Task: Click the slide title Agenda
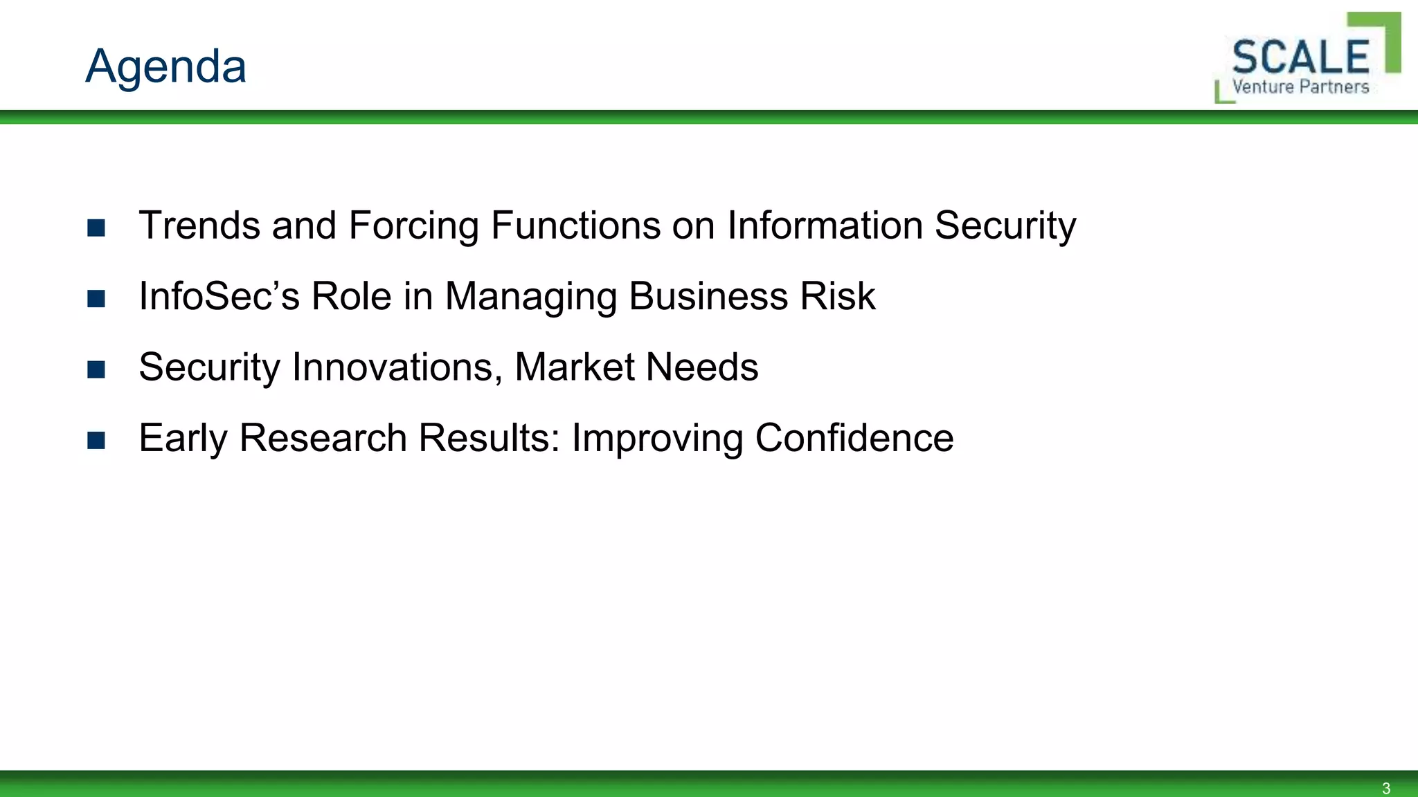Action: coord(165,66)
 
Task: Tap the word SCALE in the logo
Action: coord(1300,57)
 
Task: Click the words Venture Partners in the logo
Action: coord(1300,87)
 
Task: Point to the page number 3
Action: coord(1385,788)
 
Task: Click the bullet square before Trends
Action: coord(96,228)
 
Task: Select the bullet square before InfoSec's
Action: coord(96,298)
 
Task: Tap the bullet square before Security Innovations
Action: coord(96,369)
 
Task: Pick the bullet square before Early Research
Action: coord(96,440)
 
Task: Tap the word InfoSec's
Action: coord(219,296)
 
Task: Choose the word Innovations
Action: coord(397,367)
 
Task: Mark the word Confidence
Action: coord(854,438)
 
